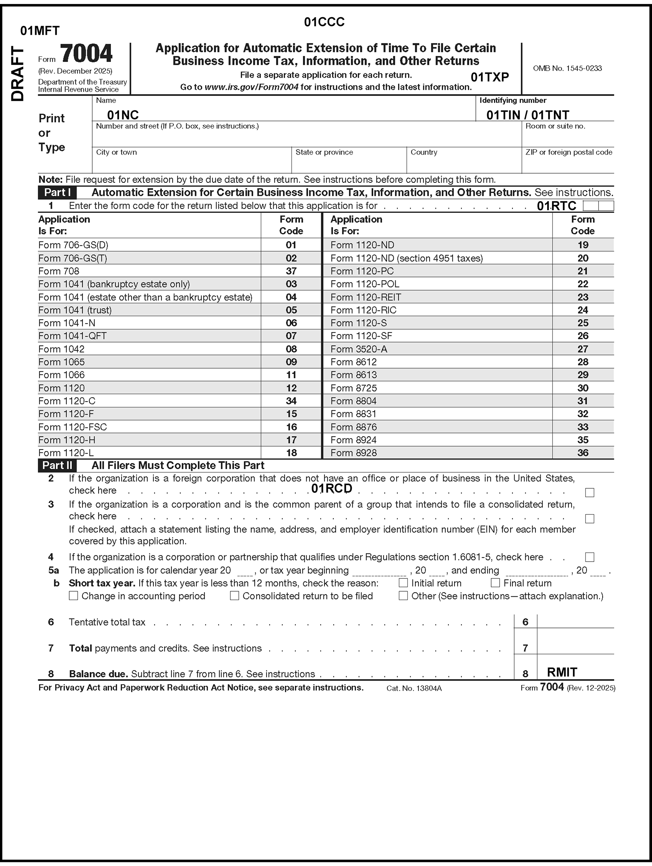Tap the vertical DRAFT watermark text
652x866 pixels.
18,74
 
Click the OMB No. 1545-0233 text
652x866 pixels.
567,68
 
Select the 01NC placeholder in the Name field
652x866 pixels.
122,115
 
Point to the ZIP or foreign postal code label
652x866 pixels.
568,152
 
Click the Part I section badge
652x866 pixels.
58,193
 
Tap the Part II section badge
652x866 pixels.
58,465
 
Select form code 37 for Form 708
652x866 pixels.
291,271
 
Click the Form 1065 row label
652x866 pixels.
62,362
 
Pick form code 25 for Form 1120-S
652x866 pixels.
583,323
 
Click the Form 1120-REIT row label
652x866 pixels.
366,297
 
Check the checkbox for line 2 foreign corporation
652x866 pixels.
589,492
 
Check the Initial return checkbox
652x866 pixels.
403,583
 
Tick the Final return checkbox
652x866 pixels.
495,583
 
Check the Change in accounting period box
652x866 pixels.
73,596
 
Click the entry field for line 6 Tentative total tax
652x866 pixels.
575,621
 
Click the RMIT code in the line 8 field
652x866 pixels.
562,672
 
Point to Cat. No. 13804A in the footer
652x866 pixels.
414,688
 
